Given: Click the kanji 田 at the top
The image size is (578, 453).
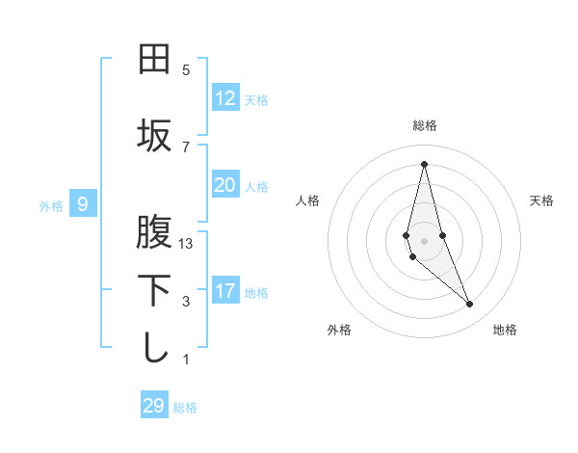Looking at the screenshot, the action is [154, 60].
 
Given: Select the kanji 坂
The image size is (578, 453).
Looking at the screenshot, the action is [154, 135].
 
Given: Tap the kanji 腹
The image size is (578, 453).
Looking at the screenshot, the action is [154, 232].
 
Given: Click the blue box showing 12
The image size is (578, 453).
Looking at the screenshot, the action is [225, 98].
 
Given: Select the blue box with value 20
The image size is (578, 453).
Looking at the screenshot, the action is [225, 185].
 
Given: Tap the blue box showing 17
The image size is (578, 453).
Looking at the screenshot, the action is [225, 291].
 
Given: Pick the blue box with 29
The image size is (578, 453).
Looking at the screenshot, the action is [154, 406].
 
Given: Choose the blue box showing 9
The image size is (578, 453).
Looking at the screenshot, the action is [83, 204].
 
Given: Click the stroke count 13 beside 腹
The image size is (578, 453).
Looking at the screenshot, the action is [186, 244].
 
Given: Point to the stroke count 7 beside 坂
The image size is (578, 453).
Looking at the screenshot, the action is [186, 147].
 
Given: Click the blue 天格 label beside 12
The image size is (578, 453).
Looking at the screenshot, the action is [256, 100].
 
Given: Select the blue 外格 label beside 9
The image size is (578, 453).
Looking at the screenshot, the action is [51, 205].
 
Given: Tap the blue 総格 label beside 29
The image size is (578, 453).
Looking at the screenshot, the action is [185, 408].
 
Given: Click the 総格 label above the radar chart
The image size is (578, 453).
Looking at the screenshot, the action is [425, 125].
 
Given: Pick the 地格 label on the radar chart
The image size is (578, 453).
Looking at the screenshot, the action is [505, 330].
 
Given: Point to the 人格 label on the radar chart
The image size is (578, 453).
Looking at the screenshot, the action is [308, 200].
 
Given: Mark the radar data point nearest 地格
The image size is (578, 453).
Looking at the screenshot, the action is [470, 305].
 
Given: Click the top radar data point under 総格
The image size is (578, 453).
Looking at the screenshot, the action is [424, 163].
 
